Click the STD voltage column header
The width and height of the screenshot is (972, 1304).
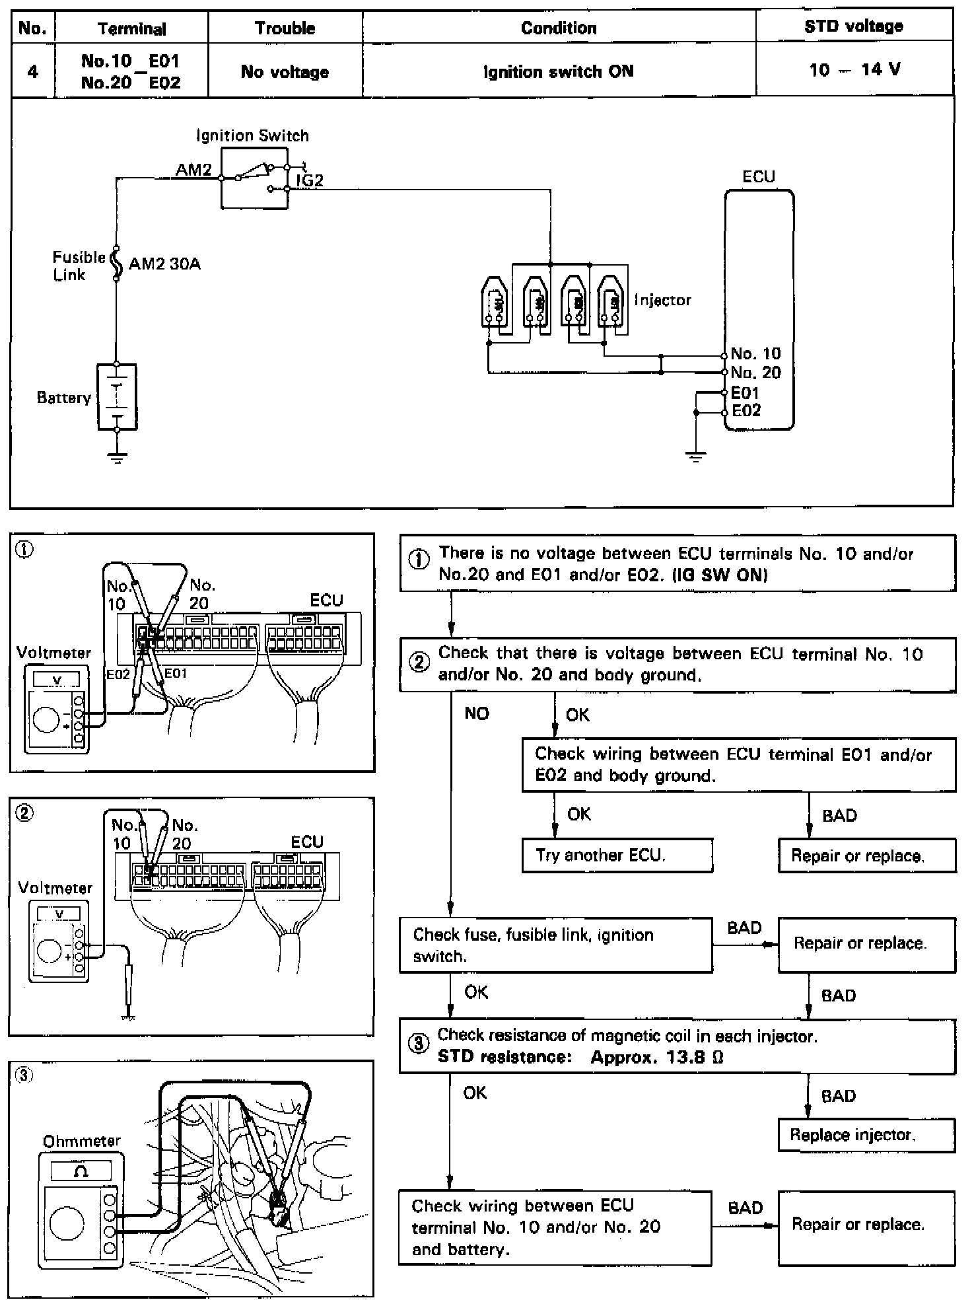tap(853, 27)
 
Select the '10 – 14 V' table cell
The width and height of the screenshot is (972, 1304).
tap(854, 69)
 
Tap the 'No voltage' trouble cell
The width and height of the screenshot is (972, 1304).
tap(285, 71)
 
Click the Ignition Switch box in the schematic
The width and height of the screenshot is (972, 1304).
tap(254, 178)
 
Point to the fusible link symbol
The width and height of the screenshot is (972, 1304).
tap(116, 264)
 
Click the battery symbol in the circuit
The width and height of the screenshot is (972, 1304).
tap(117, 396)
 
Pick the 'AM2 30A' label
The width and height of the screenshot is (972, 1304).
tap(164, 264)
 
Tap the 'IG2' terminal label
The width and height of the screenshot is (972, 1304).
tap(309, 180)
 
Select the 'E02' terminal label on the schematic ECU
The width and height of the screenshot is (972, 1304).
tap(746, 411)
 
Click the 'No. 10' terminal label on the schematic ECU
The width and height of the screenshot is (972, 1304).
tap(755, 354)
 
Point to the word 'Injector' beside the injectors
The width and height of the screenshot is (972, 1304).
tap(662, 300)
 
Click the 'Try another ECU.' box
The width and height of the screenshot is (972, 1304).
tap(617, 855)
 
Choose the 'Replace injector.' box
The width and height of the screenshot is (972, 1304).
tap(866, 1136)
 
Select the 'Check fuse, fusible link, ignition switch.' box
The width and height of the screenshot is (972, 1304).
tap(555, 945)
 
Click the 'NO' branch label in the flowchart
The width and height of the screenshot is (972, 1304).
tap(477, 713)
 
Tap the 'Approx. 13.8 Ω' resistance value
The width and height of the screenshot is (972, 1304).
tap(657, 1057)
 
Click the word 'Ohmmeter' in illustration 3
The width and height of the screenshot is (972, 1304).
tap(82, 1141)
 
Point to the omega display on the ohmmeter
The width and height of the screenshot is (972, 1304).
tap(82, 1172)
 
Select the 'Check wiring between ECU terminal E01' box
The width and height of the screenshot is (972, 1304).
tap(738, 764)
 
